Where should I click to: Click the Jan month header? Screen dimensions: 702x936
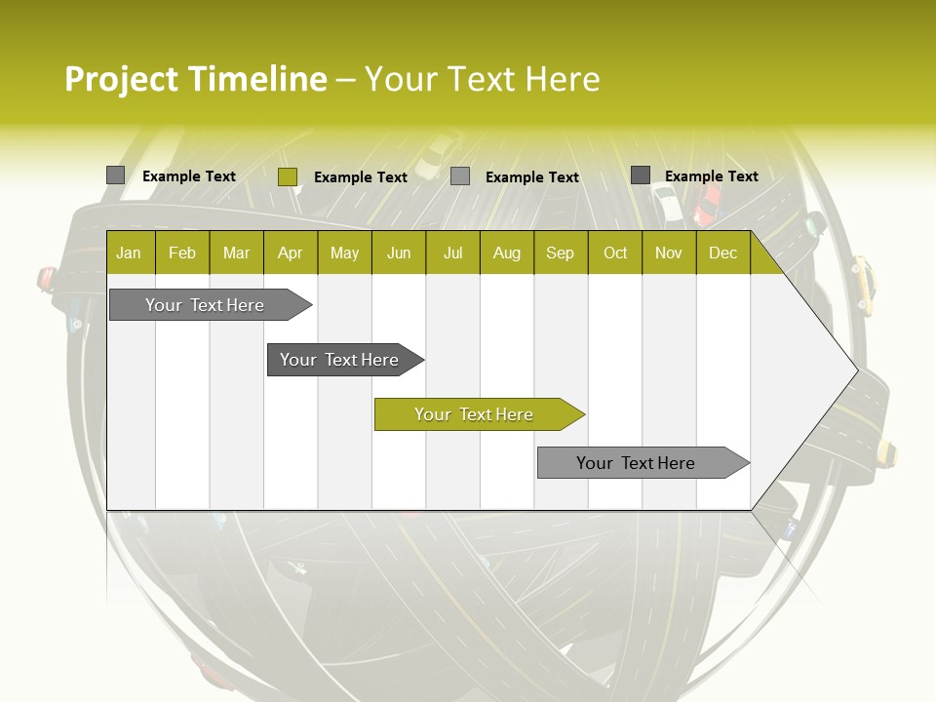[129, 253]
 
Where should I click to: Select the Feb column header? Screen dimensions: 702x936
[182, 253]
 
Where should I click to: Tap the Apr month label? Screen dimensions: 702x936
[290, 253]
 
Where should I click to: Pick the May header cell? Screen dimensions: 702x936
[344, 253]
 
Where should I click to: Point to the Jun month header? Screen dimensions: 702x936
[399, 253]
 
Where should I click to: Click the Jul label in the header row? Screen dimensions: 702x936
[452, 253]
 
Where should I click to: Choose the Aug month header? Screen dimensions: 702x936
[506, 253]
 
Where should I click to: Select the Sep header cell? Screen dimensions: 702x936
[560, 253]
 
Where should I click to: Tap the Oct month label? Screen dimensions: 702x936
[615, 253]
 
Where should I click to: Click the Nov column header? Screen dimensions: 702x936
[669, 253]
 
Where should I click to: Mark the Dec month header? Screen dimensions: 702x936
[722, 253]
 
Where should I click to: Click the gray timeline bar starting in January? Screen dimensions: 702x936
[205, 305]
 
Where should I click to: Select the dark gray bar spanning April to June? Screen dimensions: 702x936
[339, 360]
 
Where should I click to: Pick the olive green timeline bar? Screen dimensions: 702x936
[474, 414]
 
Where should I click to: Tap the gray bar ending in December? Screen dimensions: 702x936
[636, 463]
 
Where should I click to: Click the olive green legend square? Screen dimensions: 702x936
[288, 176]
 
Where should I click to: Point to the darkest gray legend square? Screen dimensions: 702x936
[641, 175]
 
